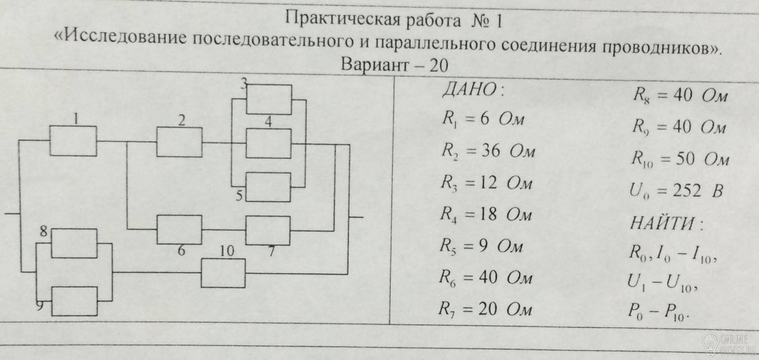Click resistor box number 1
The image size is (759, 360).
pos(73,141)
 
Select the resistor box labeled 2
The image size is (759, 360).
pos(179,142)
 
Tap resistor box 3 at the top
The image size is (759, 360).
pos(269,100)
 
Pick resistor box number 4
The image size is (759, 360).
pos(269,143)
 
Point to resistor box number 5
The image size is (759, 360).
pos(268,187)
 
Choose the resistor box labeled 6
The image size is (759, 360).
pos(179,229)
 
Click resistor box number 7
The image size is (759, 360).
pos(268,230)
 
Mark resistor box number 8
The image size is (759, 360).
pos(75,244)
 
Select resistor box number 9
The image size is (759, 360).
pos(75,301)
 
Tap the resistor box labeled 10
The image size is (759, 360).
pos(223,273)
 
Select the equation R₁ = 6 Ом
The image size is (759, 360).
pos(484,120)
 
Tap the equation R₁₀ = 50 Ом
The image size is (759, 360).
pos(680,159)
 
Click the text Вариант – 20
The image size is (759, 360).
pos(395,65)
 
